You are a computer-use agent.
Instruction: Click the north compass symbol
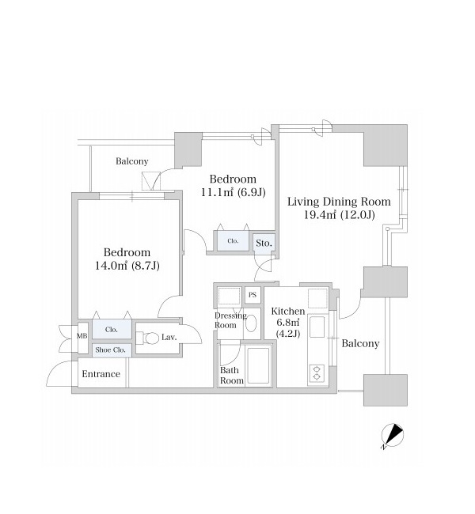point(393,436)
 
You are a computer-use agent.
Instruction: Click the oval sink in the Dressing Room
point(251,323)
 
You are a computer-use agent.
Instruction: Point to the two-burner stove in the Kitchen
point(317,372)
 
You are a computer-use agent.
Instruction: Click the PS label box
point(253,295)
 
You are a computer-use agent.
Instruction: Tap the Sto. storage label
point(264,244)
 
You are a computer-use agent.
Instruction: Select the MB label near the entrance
point(82,336)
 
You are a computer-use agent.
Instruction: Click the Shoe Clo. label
point(111,350)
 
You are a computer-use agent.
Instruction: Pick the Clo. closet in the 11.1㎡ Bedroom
point(233,241)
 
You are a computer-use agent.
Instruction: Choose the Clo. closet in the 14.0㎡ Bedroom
point(112,330)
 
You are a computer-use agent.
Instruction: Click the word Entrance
point(101,374)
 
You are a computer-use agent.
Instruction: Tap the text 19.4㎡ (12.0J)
point(340,215)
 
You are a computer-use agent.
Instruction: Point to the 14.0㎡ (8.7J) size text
point(127,266)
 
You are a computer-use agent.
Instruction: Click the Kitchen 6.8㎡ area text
point(287,322)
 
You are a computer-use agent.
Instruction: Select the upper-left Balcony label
point(132,161)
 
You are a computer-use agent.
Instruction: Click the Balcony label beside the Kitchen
point(360,343)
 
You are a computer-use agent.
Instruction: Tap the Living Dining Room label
point(339,202)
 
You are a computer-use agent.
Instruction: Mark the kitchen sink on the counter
point(317,327)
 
